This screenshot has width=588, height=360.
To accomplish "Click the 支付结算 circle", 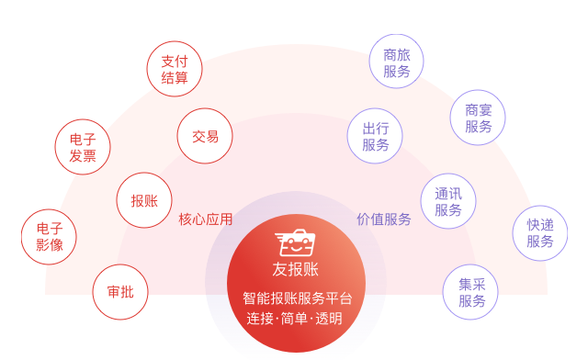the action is click(x=175, y=69).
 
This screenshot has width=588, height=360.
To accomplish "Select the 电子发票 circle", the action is click(x=83, y=147).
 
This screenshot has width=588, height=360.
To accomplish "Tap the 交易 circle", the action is click(x=205, y=137).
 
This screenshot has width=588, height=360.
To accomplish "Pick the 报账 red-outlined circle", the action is click(x=144, y=200).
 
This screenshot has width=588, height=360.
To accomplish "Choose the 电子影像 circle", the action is click(x=50, y=237).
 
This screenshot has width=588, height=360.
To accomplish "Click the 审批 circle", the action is click(x=120, y=292).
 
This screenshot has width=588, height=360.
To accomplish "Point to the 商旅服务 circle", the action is click(x=397, y=62).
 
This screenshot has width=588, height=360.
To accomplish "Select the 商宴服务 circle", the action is click(x=478, y=118).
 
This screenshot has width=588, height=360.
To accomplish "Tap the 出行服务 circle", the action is click(x=375, y=136).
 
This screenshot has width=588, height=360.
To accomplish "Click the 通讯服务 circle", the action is click(x=448, y=202).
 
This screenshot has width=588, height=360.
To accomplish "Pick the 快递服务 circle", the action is click(x=540, y=233).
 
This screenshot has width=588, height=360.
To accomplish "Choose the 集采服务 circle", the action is click(x=471, y=292).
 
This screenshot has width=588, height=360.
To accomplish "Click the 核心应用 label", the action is click(x=206, y=219).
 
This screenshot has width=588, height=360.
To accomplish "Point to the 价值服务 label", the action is click(x=384, y=219).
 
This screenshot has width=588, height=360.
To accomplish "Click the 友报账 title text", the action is click(x=296, y=269).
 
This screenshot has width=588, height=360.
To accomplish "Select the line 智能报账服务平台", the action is click(x=296, y=298).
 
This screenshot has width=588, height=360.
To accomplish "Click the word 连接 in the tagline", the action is click(x=261, y=320).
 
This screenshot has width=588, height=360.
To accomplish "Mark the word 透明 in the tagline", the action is click(x=329, y=320).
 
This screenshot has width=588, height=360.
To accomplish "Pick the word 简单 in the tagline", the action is click(x=295, y=320).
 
